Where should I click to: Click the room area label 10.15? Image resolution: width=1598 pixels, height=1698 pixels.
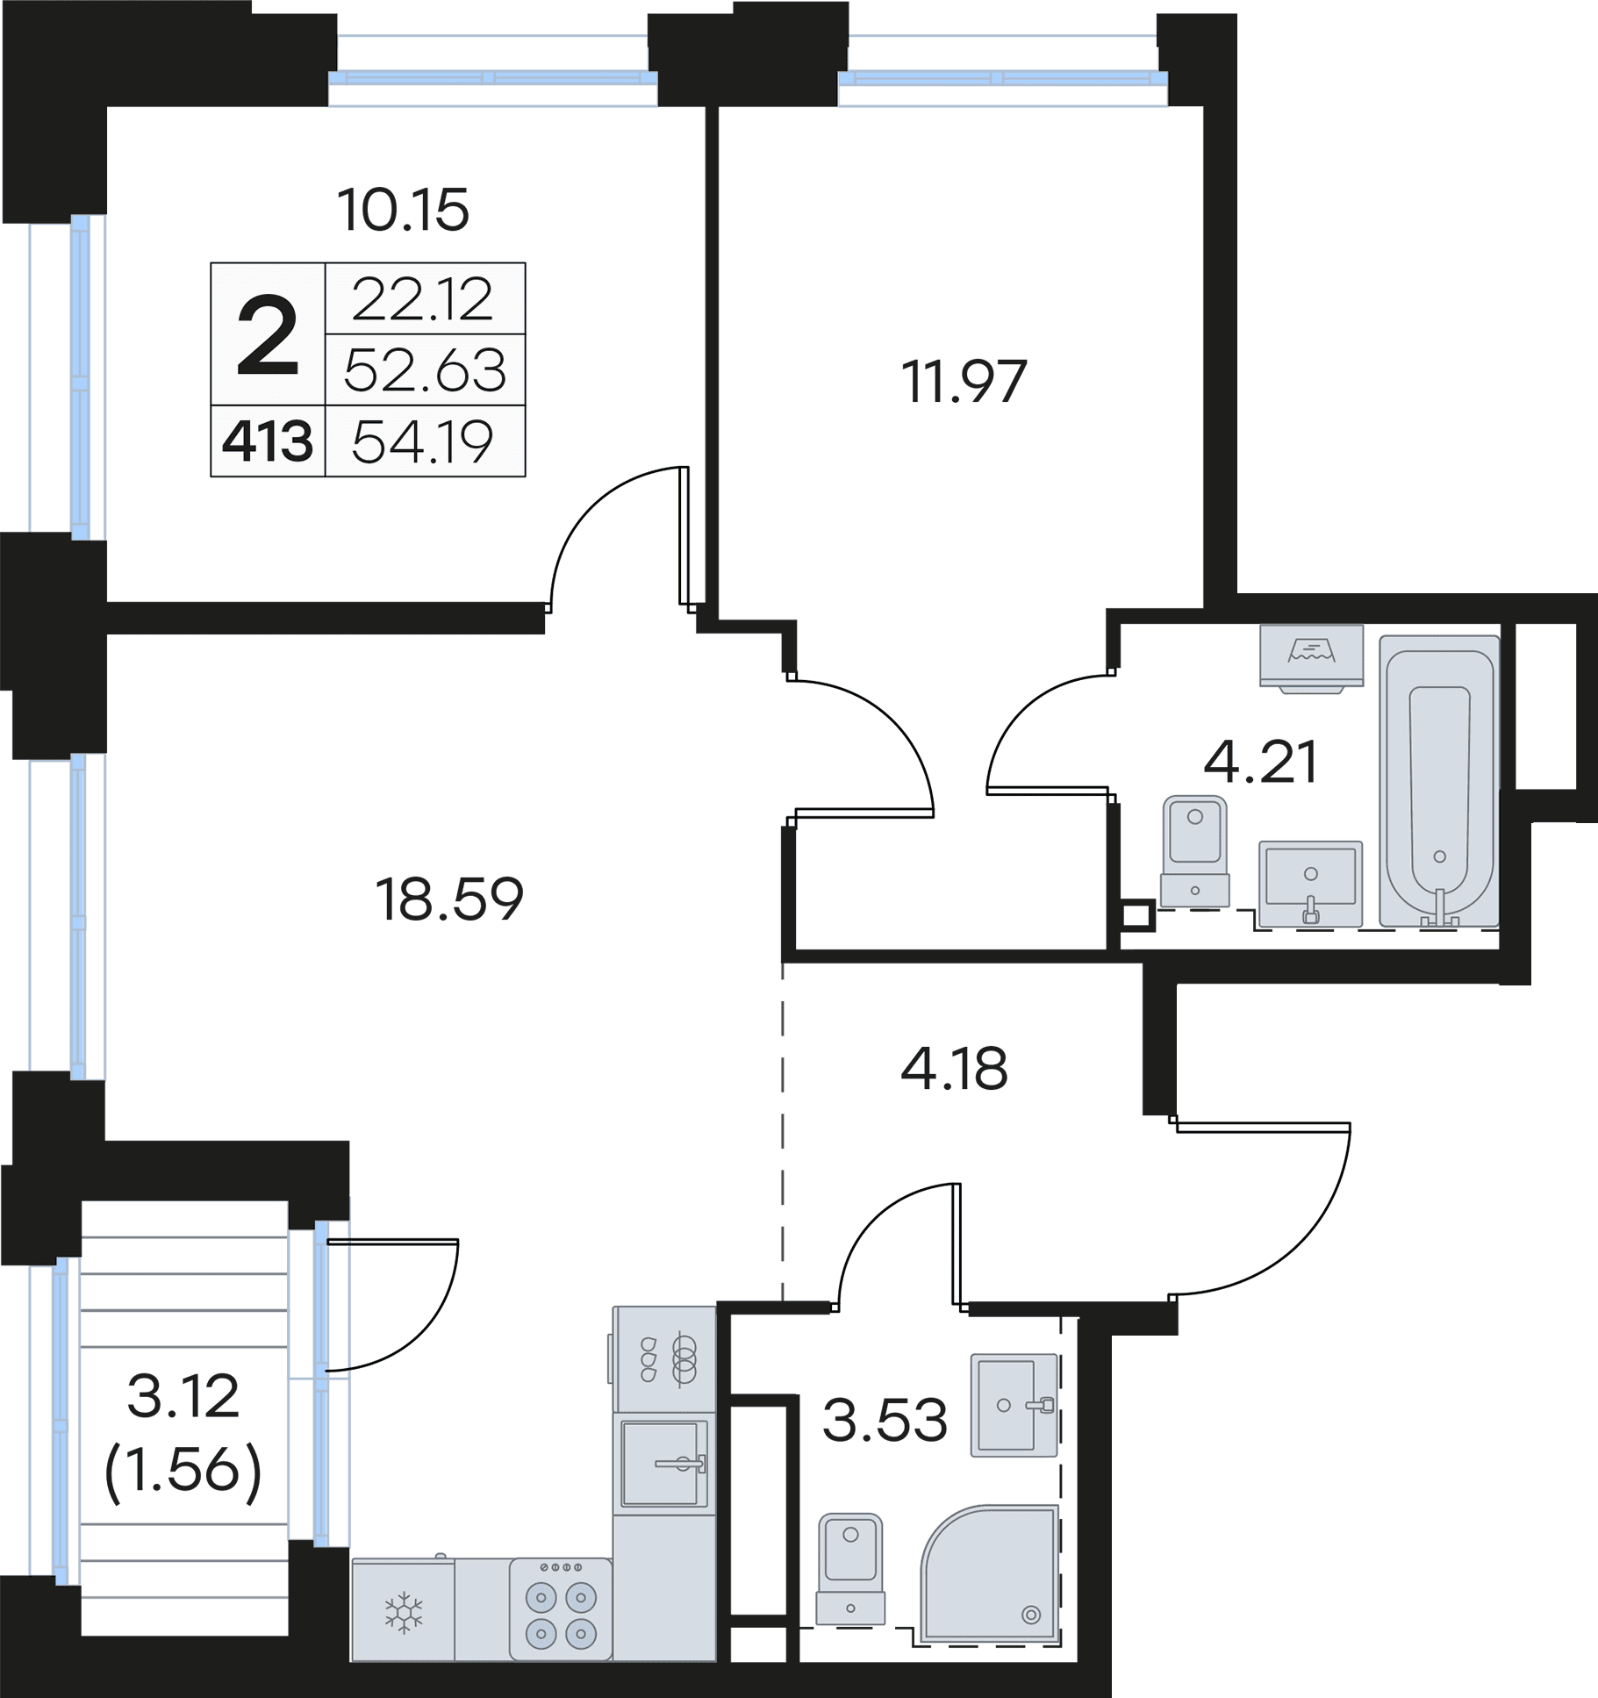pos(404,211)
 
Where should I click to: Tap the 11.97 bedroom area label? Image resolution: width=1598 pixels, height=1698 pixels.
pos(964,382)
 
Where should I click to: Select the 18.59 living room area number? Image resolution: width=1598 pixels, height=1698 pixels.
pos(449,899)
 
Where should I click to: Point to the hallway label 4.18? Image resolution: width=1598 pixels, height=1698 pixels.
pos(954,1068)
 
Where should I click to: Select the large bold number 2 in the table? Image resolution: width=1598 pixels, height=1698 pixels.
pos(268,334)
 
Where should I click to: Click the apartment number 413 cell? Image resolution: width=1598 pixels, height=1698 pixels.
pos(268,441)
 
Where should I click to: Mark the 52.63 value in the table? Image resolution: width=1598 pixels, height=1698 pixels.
pos(425,370)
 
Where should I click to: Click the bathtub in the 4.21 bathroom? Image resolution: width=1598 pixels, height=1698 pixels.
pos(1439,781)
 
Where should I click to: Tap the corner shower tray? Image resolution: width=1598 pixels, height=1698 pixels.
pos(990,1575)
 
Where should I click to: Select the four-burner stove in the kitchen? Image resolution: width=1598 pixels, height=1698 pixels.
pos(561,1609)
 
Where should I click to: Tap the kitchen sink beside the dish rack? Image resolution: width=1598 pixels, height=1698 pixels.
pos(664,1464)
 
